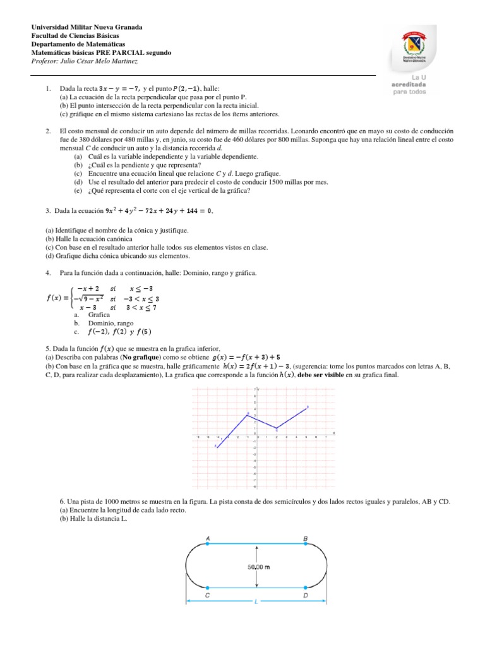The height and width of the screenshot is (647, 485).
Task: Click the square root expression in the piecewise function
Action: (x=90, y=299)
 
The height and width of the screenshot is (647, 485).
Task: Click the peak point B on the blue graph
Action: (x=248, y=414)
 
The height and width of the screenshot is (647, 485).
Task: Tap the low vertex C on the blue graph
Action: (x=276, y=428)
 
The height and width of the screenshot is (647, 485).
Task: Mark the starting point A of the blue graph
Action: (x=217, y=446)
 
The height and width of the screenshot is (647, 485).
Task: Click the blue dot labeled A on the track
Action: (x=208, y=543)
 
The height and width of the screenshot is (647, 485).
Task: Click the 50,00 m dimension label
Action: (x=258, y=567)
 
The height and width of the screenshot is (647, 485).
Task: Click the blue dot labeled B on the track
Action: (x=306, y=543)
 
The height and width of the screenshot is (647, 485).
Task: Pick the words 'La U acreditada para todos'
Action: (x=409, y=84)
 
